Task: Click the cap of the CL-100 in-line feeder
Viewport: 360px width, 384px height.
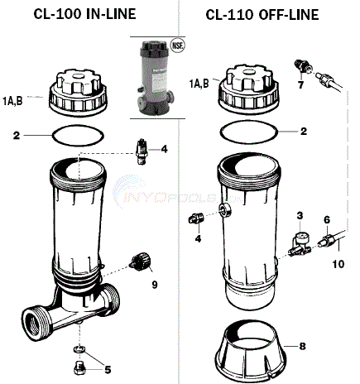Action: coord(81,93)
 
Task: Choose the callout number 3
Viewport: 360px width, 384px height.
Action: coord(300,215)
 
